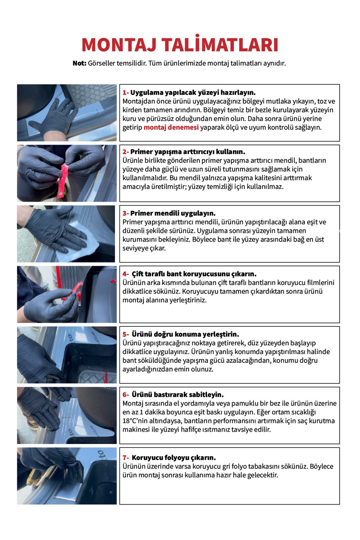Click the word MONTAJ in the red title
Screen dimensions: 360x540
(119, 45)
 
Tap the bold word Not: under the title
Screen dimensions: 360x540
(79, 63)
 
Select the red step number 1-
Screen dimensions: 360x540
(126, 92)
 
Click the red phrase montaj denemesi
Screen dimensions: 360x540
(171, 127)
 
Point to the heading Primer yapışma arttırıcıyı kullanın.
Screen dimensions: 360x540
(188, 152)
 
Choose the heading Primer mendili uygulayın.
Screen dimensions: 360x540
(173, 213)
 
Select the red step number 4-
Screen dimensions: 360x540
(126, 274)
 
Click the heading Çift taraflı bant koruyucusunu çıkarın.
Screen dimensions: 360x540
(194, 274)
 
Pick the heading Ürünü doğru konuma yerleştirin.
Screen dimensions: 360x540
(185, 334)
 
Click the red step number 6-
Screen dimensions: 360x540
(126, 395)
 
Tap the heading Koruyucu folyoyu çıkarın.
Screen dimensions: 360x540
(174, 458)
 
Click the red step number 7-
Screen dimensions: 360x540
(126, 458)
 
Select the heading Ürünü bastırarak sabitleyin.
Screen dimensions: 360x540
(178, 395)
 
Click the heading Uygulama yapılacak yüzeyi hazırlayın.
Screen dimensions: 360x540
(193, 92)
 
